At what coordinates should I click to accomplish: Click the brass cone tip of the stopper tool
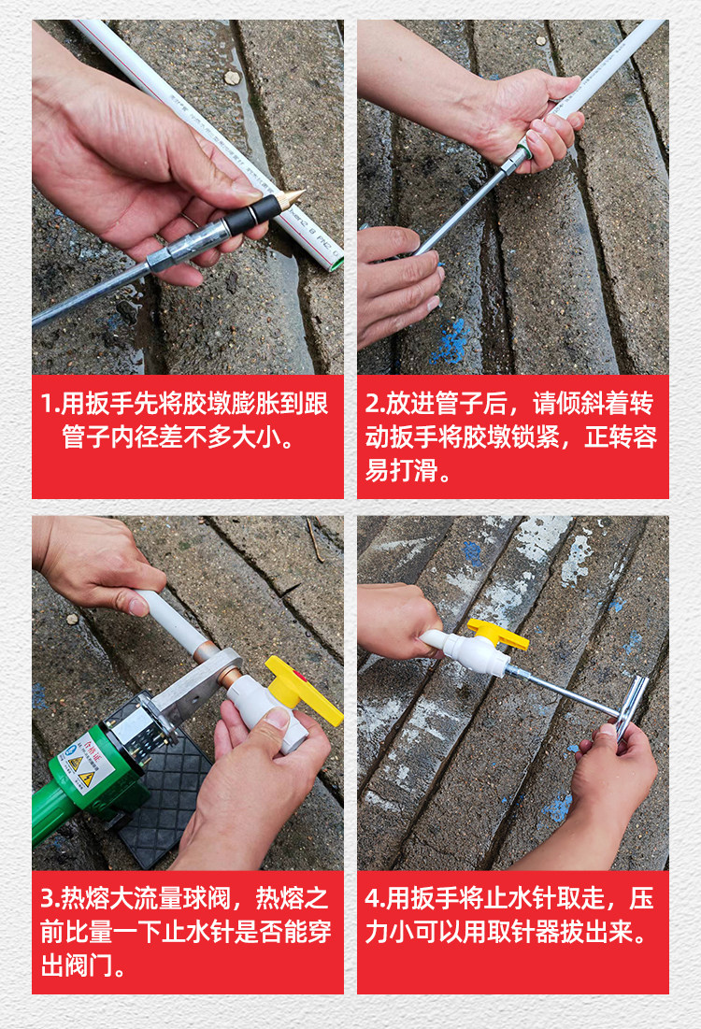click(x=290, y=197)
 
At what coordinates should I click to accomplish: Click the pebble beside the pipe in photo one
click(x=232, y=78)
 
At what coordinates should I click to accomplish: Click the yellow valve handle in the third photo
click(x=303, y=690)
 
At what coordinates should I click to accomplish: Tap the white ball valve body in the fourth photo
click(x=478, y=652)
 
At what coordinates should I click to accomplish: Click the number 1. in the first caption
click(x=50, y=404)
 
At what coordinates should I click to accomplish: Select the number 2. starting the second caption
click(x=375, y=404)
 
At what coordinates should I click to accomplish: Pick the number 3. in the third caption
click(x=50, y=898)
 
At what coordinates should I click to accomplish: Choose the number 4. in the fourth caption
click(x=376, y=898)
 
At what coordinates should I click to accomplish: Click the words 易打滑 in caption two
click(x=401, y=470)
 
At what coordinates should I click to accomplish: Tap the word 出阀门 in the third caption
click(x=76, y=965)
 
